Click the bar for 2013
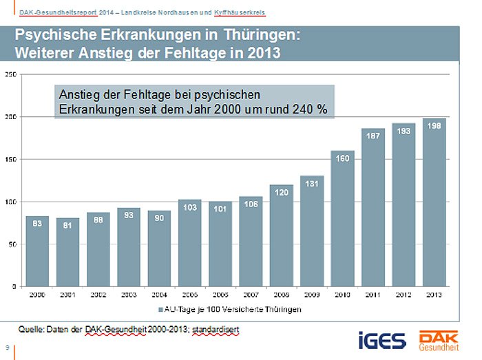click(434, 207)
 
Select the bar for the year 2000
click(37, 255)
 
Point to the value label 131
click(312, 184)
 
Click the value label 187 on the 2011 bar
click(373, 136)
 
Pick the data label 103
click(190, 207)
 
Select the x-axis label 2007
click(251, 295)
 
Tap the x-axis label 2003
click(129, 295)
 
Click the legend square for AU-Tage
click(161, 310)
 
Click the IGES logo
click(377, 341)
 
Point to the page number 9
click(7, 347)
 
